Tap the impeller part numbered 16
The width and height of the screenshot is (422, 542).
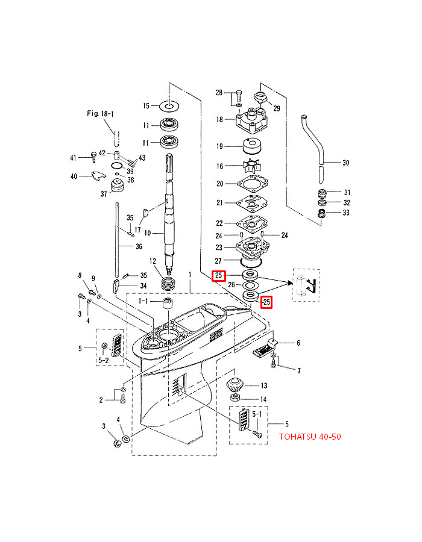[x=248, y=166]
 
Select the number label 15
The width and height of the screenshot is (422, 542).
[x=146, y=106]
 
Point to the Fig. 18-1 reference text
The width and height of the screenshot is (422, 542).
[x=100, y=113]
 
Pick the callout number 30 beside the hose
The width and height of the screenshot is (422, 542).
[x=345, y=163]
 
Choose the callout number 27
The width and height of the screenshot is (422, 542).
[x=219, y=260]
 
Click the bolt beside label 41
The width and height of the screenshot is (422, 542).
[x=93, y=158]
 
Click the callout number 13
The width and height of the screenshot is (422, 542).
[x=263, y=385]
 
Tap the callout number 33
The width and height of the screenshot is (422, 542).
[x=345, y=213]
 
